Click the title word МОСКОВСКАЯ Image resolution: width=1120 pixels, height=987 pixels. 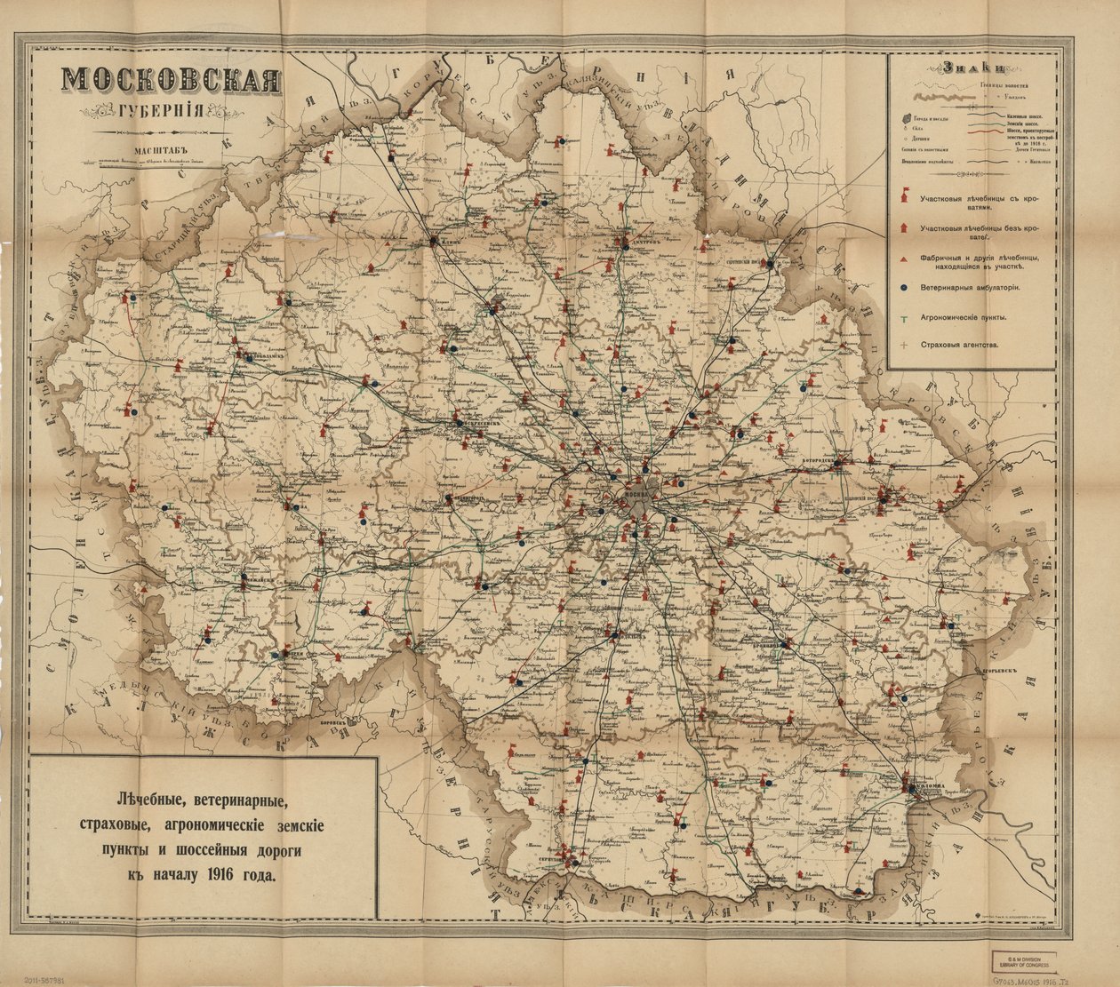(x=172, y=81)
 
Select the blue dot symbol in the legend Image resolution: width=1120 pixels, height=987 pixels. (x=903, y=288)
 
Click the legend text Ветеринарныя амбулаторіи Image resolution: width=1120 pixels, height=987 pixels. (x=969, y=288)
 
